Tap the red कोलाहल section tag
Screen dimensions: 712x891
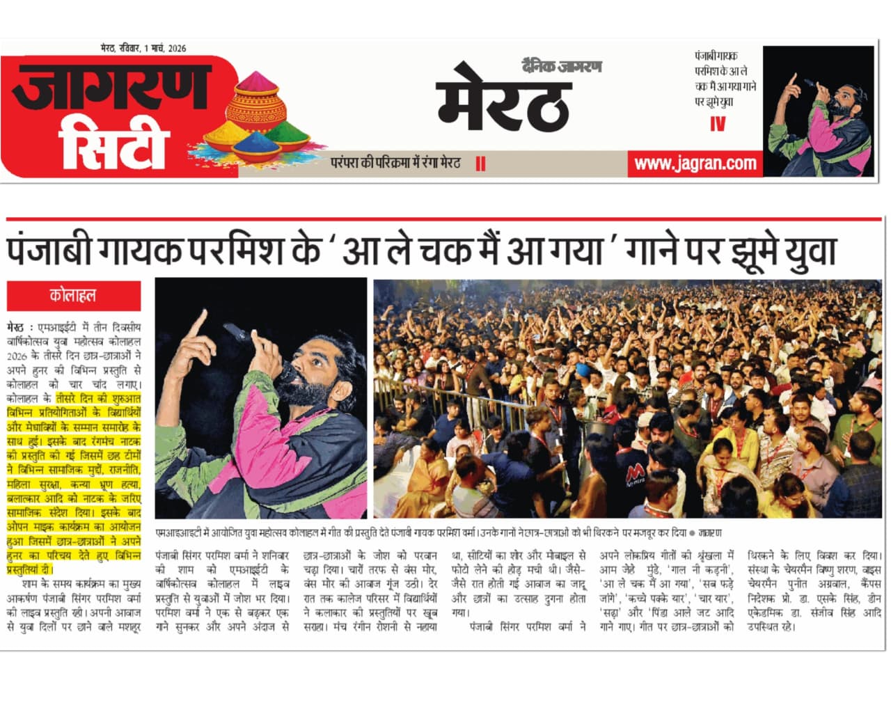[x=73, y=296]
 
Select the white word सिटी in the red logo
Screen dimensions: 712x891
[x=113, y=147]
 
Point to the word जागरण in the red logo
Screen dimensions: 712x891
[x=111, y=86]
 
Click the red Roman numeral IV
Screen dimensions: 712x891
[x=718, y=124]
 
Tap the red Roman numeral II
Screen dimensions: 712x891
[x=480, y=164]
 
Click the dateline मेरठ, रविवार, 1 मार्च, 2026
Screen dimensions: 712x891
[x=143, y=48]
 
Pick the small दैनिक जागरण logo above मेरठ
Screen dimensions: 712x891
[x=562, y=67]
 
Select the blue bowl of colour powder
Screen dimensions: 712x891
[x=257, y=145]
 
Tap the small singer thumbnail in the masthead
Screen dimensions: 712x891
[x=818, y=111]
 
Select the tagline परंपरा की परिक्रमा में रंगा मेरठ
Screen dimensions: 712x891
[x=395, y=164]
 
